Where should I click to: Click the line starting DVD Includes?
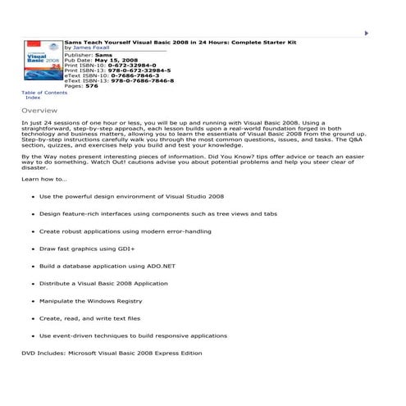[x=112, y=353]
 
